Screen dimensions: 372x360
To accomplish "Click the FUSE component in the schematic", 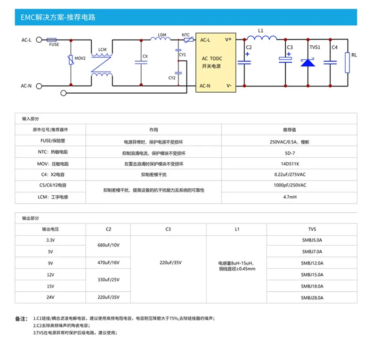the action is point(52,40).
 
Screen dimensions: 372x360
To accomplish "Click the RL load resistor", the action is point(348,63).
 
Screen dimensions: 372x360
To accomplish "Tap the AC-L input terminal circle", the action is point(39,40).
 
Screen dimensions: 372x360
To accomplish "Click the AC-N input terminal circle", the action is point(39,86).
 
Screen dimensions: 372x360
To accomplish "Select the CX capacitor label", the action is point(145,56).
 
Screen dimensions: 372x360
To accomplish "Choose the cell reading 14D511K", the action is point(290,164).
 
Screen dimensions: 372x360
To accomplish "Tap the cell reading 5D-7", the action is point(290,153).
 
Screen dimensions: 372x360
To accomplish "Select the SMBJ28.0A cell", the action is point(312,297).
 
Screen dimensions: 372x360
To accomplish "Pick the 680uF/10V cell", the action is point(109,245).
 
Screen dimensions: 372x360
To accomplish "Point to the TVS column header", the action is point(312,229).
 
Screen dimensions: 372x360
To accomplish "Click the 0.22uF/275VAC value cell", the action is point(290,175).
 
